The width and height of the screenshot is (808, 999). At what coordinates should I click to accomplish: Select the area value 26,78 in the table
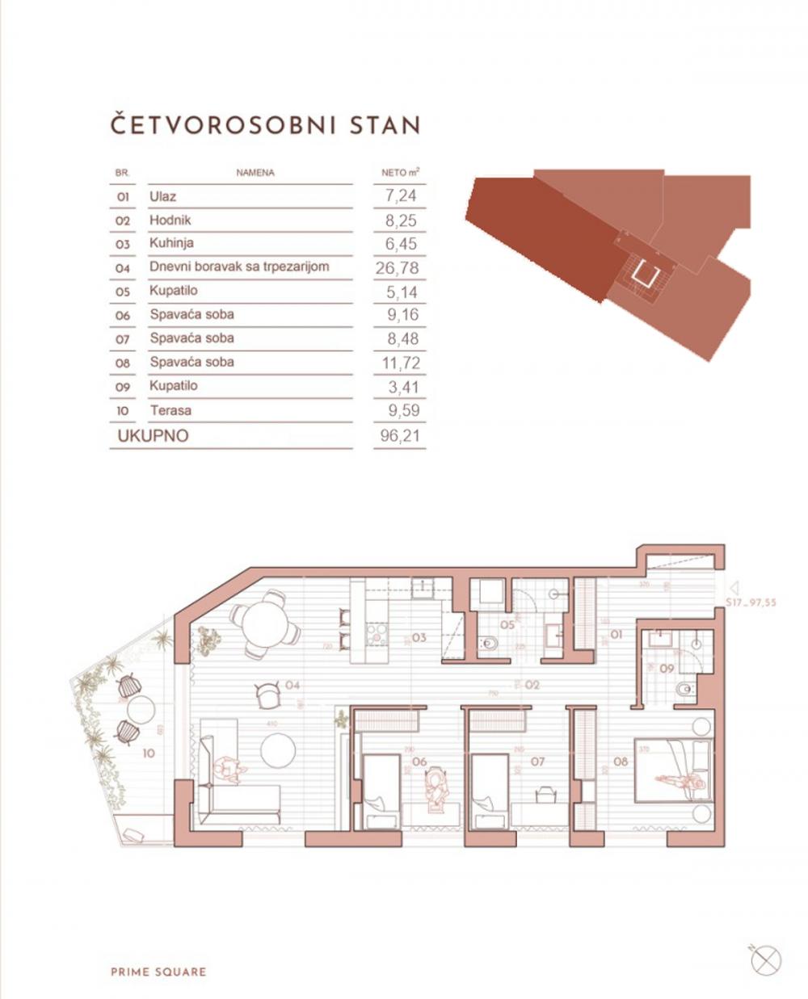(398, 268)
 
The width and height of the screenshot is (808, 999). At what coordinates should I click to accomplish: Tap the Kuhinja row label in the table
(171, 243)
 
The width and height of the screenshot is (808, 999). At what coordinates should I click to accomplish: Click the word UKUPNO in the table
(153, 436)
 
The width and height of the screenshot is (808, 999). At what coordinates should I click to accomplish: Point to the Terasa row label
(170, 410)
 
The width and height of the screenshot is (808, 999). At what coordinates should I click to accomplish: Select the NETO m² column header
(400, 173)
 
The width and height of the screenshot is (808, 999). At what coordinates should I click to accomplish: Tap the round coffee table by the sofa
(280, 750)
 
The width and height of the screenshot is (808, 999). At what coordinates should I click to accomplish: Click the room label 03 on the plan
(419, 637)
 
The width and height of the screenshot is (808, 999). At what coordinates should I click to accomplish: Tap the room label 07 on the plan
(538, 761)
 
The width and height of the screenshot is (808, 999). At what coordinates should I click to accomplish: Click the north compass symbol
(765, 959)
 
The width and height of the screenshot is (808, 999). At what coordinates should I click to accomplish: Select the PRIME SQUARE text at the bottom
(158, 972)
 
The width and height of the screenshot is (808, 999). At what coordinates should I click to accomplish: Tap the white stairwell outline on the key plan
(643, 274)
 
